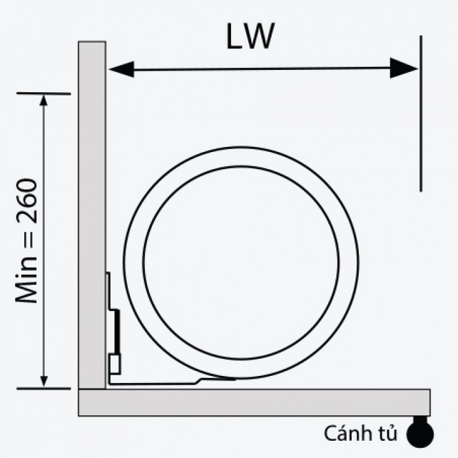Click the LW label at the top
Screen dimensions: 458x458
pyautogui.click(x=249, y=38)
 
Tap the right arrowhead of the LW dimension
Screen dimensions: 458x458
pyautogui.click(x=403, y=67)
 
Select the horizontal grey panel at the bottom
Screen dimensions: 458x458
pyautogui.click(x=254, y=402)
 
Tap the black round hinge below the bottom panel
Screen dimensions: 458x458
pyautogui.click(x=420, y=433)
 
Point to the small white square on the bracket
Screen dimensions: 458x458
pyautogui.click(x=115, y=364)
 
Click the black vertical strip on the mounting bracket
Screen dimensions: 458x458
pyautogui.click(x=118, y=331)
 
